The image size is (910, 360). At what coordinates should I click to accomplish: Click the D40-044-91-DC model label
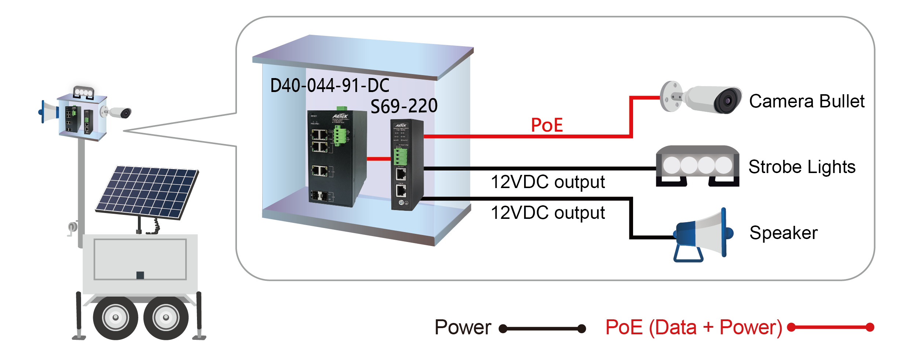329,86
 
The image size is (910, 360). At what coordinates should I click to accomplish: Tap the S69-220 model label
404,106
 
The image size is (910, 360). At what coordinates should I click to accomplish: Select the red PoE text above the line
547,125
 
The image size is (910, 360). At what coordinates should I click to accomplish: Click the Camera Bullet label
807,101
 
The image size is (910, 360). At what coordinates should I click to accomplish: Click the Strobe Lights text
802,167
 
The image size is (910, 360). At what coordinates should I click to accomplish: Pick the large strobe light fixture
697,166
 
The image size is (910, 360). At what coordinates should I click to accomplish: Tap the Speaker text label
783,233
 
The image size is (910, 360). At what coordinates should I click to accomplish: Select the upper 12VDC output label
548,182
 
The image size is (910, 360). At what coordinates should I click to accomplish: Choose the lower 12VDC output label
548,213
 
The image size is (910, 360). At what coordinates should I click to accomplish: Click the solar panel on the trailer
147,192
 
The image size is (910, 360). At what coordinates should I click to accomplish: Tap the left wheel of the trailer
115,317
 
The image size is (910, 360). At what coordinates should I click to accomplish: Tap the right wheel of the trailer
166,317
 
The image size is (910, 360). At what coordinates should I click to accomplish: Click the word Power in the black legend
463,327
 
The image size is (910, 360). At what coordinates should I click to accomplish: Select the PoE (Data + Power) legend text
694,327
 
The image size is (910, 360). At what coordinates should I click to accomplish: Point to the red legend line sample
830,327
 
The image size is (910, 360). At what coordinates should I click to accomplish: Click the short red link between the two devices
379,159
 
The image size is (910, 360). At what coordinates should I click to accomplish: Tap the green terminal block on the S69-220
401,157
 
